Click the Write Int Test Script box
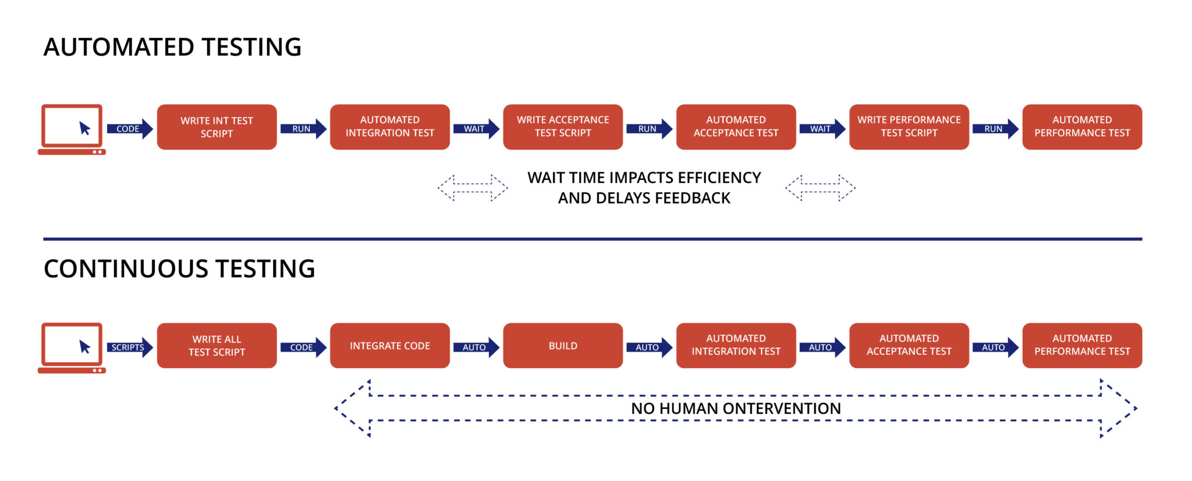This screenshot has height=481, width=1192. [217, 127]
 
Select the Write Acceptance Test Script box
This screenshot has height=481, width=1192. [563, 127]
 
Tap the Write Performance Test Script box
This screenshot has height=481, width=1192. [909, 127]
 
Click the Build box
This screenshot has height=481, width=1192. [563, 345]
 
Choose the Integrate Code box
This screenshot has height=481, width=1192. [389, 345]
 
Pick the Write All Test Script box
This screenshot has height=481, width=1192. [217, 345]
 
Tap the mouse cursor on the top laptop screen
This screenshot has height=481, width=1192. [85, 128]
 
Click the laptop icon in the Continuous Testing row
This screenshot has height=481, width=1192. [72, 348]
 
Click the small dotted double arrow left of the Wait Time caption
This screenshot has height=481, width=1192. [473, 188]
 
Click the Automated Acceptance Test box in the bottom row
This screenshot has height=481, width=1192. [909, 345]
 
